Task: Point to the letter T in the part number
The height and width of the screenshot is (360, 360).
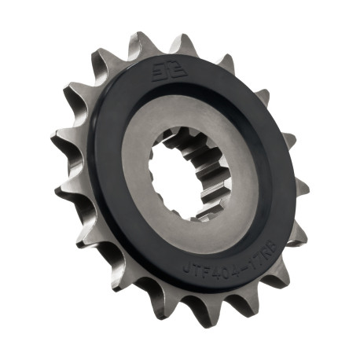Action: (x=195, y=271)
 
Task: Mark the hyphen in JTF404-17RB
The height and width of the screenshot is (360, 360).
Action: (x=244, y=269)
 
